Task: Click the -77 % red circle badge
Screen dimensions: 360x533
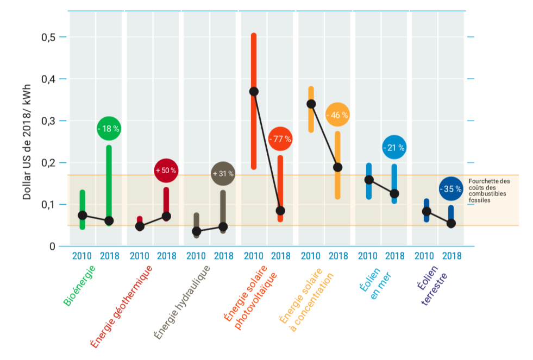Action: pos(280,139)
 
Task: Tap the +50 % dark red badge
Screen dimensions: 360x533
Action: pos(166,170)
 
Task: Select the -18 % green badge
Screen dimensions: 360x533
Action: pos(109,129)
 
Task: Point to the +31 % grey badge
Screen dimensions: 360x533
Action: pos(223,174)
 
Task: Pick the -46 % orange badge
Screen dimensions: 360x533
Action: pos(337,115)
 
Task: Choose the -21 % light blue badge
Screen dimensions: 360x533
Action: pos(394,147)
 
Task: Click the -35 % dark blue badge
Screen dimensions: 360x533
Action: pos(451,189)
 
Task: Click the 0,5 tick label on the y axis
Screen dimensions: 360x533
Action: pos(49,37)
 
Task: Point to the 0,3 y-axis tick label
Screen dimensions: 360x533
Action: pos(49,121)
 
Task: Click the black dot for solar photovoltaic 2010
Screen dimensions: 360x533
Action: pos(254,91)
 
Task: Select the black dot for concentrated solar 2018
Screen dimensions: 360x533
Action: pos(337,167)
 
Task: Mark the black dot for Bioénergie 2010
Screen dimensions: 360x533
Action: pos(83,215)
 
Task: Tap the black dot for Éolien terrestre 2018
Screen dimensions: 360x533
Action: pos(451,223)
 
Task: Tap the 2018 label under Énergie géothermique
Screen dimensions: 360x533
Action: pos(166,256)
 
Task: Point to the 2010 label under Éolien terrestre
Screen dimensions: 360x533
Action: pos(424,256)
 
